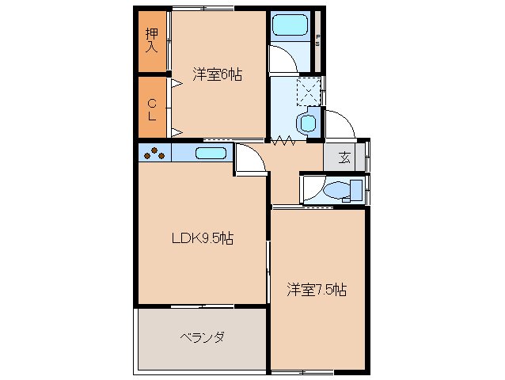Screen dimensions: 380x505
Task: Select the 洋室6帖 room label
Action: click(217, 74)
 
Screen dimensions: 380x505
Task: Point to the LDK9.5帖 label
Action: click(203, 237)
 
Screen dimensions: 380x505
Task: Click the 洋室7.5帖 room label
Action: click(316, 290)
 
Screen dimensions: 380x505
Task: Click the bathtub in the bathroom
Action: click(290, 27)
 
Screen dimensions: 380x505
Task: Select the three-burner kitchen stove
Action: click(154, 153)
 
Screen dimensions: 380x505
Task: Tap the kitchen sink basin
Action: click(211, 154)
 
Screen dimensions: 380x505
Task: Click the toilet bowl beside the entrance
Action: click(336, 190)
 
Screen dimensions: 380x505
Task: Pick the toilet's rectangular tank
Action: click(356, 191)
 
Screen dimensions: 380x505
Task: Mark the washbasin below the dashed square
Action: click(306, 123)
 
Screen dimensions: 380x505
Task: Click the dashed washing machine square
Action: click(309, 91)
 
